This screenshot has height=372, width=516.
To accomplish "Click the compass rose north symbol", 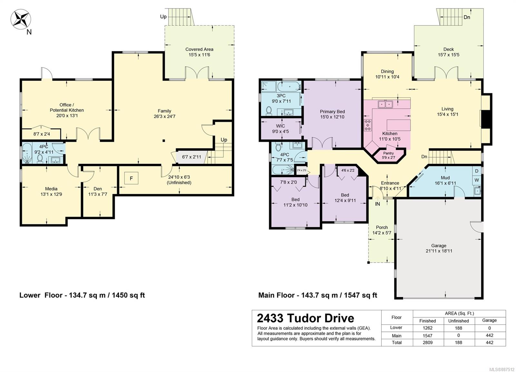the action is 21,19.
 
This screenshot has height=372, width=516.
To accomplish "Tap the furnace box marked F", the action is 131,178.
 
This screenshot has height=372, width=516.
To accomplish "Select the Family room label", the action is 164,111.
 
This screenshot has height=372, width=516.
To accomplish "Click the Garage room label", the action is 439,246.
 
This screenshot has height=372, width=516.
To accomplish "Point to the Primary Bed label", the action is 332,112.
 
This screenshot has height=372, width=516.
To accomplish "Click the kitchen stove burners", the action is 368,125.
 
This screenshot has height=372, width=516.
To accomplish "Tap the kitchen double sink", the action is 385,105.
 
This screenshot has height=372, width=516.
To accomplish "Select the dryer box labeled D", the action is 477,171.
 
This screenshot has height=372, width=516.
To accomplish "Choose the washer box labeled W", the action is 477,180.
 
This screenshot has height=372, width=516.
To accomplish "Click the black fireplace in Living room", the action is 487,119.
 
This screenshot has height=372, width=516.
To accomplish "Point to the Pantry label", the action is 388,153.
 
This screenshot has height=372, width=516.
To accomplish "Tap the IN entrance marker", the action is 378,204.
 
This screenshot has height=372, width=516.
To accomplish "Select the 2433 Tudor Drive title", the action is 305,318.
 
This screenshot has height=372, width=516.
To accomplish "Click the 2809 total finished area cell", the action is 428,343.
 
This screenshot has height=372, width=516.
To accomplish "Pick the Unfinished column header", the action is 458,321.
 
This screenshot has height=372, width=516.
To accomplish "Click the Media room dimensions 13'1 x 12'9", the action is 51,194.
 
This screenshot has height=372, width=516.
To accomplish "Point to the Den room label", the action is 98,189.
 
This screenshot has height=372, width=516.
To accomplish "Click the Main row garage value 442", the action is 490,335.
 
